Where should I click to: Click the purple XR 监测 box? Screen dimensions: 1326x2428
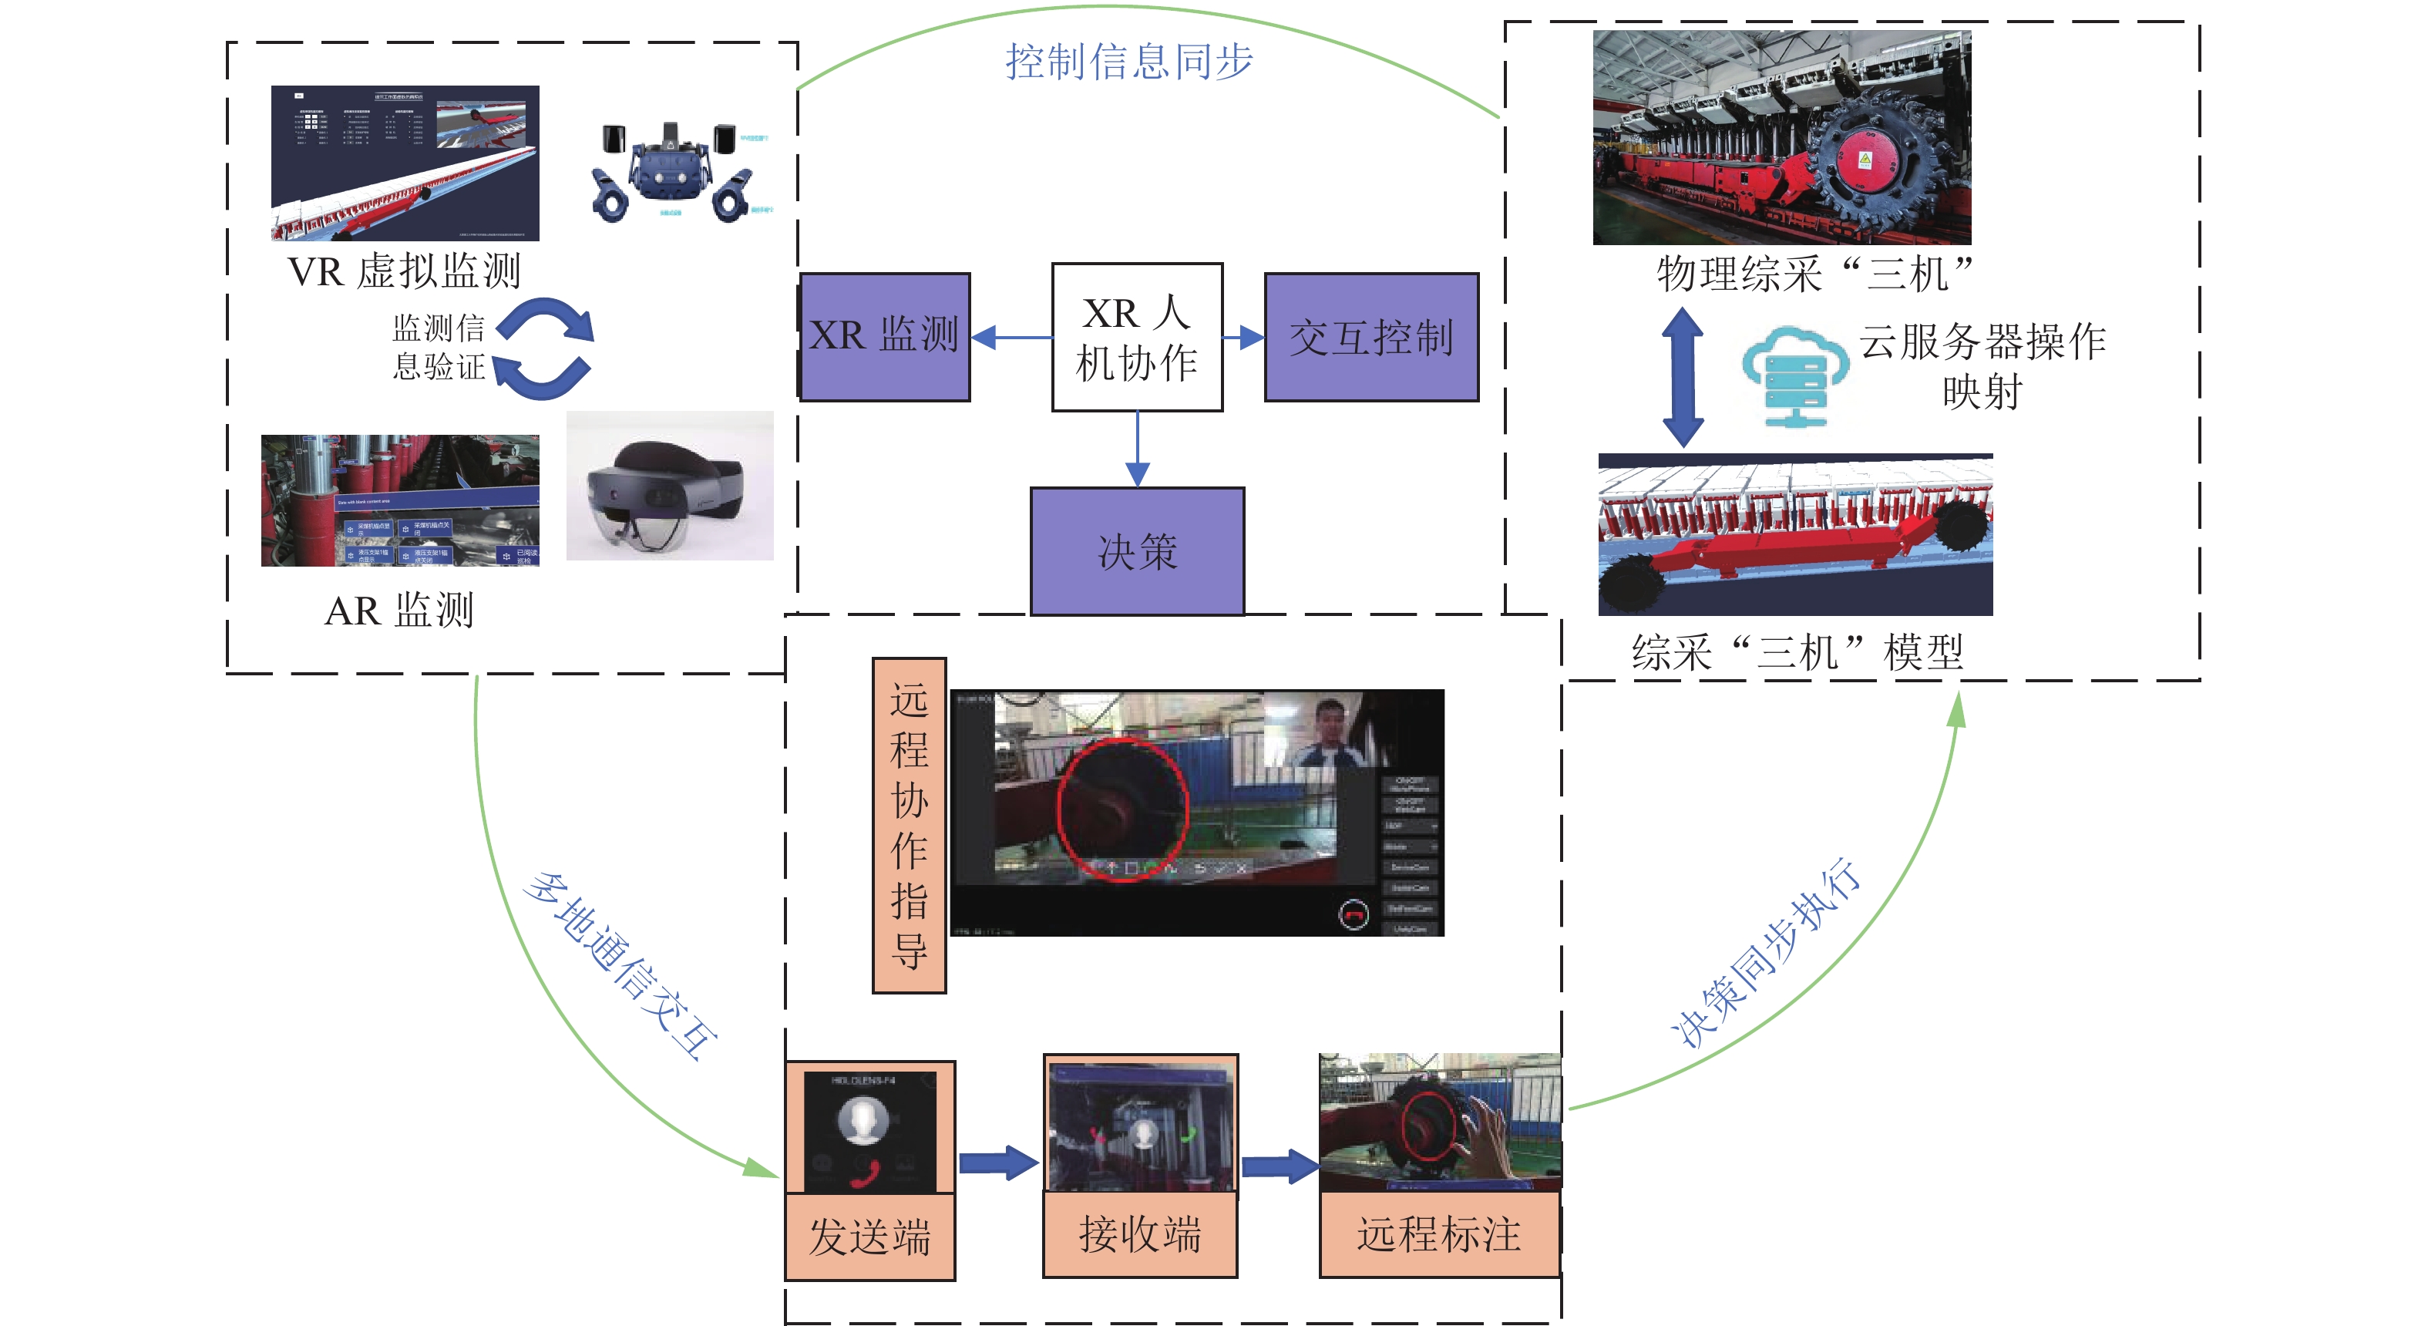click(884, 336)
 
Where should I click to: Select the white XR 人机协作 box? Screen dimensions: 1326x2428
click(1137, 336)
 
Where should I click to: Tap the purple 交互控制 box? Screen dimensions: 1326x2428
click(1370, 336)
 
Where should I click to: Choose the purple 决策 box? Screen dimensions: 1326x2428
click(1137, 550)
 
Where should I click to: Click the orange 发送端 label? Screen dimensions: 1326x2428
click(870, 1237)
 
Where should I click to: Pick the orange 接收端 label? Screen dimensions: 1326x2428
click(1139, 1233)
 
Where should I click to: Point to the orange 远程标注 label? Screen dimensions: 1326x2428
click(1438, 1233)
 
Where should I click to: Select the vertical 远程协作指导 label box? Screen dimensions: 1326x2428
click(909, 825)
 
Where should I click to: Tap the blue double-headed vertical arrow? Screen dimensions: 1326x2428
click(1683, 377)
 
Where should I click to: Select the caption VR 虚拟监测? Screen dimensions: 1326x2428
click(405, 271)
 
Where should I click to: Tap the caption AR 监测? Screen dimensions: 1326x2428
click(399, 611)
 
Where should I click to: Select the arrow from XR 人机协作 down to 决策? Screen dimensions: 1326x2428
click(1138, 449)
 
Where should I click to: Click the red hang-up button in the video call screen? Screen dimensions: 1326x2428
click(1354, 914)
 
